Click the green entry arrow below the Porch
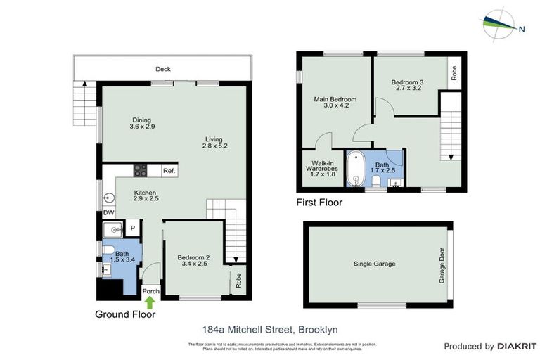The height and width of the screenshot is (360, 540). coord(150,302)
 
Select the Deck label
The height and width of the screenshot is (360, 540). coord(163,69)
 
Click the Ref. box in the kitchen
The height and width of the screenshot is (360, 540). coord(169,171)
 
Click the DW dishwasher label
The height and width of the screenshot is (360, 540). coord(108,212)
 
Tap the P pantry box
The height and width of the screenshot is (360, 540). coord(131,228)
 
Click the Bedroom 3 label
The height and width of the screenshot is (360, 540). coord(409,82)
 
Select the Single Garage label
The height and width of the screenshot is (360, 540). coord(374,264)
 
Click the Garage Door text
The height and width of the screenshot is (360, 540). coord(442,264)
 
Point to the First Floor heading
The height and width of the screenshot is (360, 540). coord(319,203)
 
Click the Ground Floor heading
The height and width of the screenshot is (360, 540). coord(125,314)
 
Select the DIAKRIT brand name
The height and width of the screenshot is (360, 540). coord(517,346)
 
